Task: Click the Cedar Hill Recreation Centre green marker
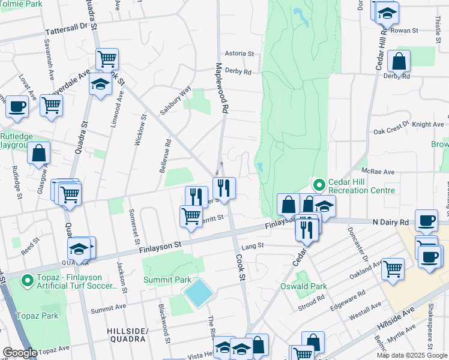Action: [318, 184]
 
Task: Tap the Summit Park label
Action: [167, 280]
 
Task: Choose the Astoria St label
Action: [240, 53]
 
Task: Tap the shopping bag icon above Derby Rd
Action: [399, 61]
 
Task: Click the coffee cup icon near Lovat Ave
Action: [17, 107]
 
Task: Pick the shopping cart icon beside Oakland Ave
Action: [393, 268]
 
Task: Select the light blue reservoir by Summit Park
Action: [199, 293]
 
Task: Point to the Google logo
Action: [20, 353]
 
